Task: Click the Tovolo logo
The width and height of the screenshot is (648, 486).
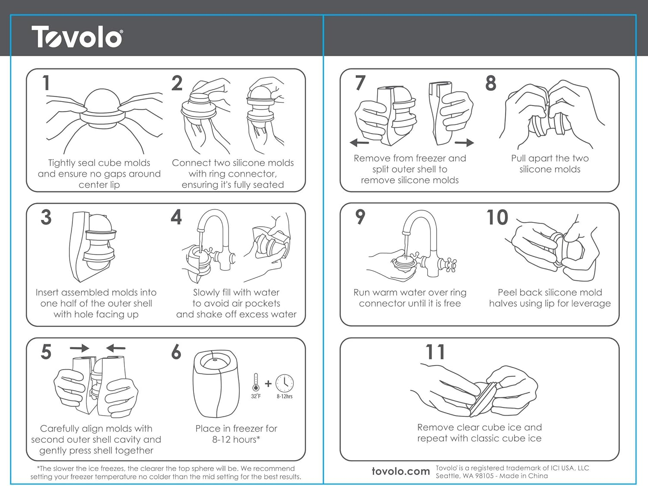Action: [77, 37]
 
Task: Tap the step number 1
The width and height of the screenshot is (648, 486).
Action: [46, 83]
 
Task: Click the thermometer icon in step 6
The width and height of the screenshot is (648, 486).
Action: [256, 382]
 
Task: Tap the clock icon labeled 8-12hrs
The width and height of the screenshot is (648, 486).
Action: [285, 383]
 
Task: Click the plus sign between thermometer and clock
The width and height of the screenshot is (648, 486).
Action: [268, 383]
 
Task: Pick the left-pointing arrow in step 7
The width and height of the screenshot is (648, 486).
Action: [359, 143]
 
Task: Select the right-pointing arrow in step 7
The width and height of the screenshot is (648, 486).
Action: [464, 143]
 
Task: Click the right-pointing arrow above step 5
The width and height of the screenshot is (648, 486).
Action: [79, 348]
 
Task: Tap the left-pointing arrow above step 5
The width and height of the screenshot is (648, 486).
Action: [116, 348]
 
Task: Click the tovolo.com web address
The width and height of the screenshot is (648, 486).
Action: [400, 471]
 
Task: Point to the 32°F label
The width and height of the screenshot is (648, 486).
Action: [256, 396]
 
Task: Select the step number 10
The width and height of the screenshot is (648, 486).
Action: [497, 217]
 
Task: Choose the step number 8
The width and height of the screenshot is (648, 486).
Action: [491, 83]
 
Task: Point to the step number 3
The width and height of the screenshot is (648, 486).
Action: [46, 217]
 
